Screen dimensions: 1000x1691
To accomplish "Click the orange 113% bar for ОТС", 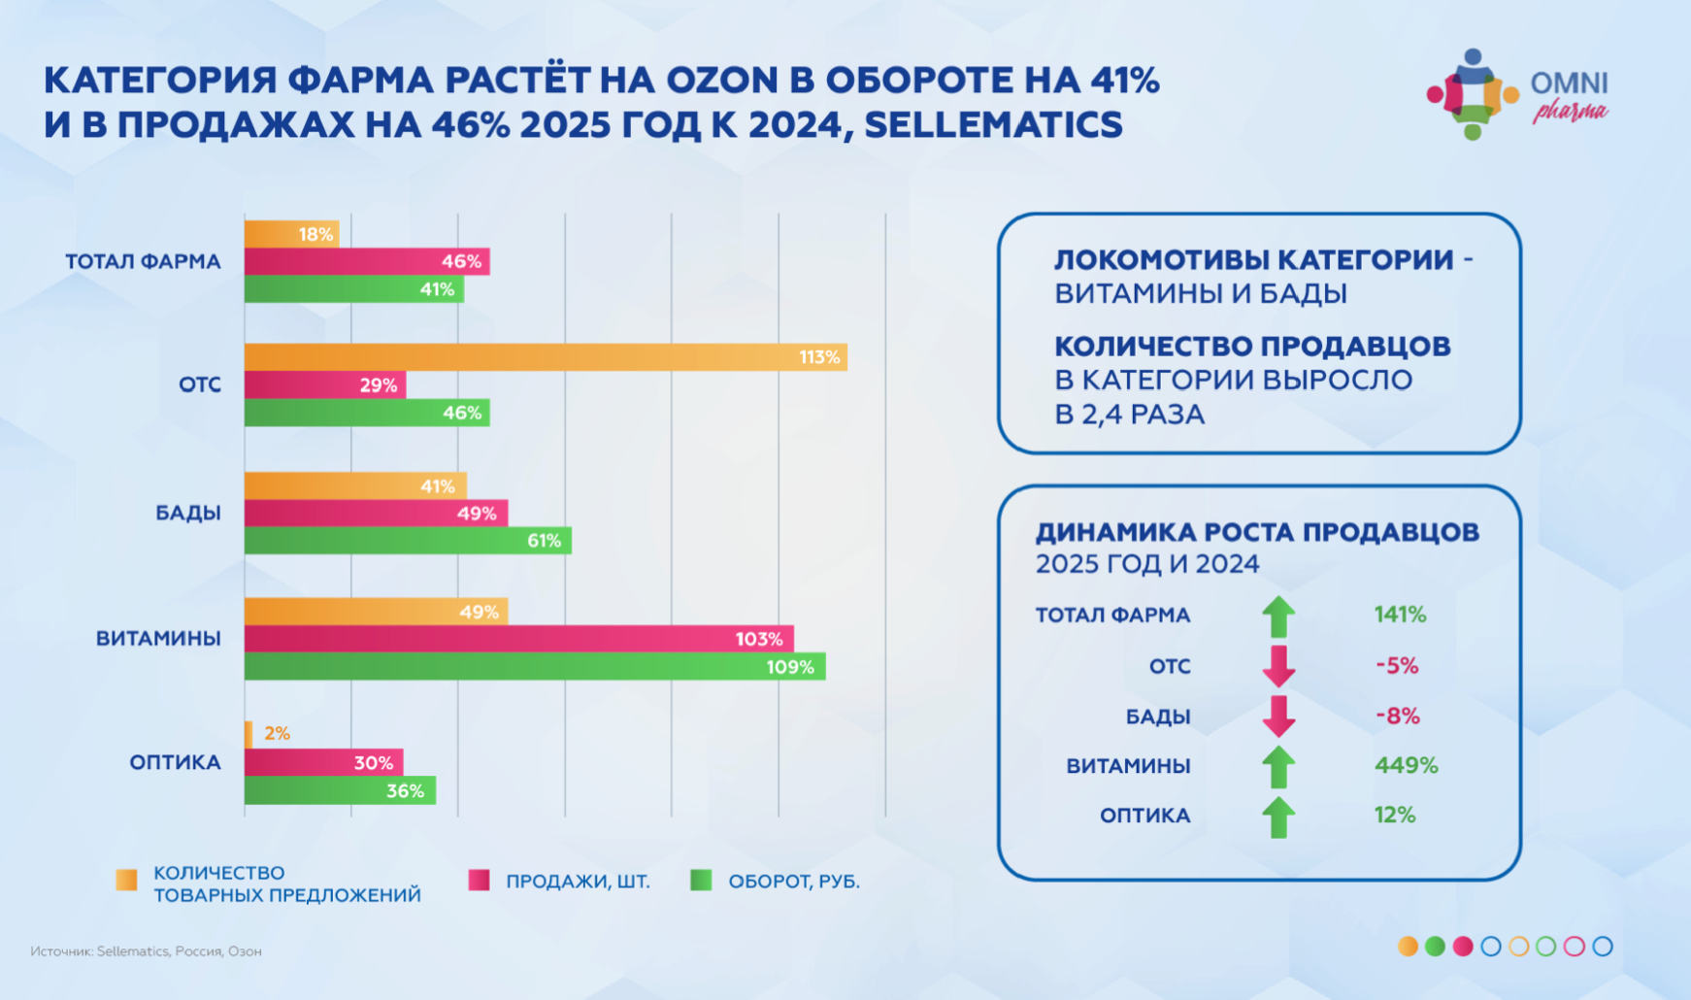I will tap(544, 357).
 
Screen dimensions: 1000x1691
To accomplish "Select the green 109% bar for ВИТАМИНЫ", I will tap(534, 667).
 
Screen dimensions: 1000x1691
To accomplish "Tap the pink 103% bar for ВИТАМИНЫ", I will tap(518, 639).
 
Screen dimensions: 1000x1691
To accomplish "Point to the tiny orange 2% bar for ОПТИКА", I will tap(249, 734).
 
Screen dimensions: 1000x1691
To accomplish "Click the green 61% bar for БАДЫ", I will tap(408, 541).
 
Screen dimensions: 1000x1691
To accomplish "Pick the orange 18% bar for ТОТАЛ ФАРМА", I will tap(291, 234).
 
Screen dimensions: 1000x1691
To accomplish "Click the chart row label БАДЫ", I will tap(188, 513).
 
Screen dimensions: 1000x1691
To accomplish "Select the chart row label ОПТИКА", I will tap(176, 762).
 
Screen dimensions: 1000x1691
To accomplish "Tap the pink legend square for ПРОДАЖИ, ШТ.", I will tap(479, 881).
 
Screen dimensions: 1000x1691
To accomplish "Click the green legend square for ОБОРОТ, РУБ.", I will tap(701, 881).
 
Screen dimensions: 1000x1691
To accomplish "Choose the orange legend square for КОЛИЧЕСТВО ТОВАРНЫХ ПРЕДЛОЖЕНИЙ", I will tap(126, 881).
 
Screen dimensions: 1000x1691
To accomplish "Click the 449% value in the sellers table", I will tap(1406, 765).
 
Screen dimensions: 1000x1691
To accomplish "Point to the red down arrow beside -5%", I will tap(1278, 666).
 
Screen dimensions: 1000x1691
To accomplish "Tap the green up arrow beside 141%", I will tap(1278, 616).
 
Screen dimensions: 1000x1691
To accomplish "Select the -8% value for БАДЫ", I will tap(1397, 717).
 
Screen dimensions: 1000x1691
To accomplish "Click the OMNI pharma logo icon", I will tap(1473, 94).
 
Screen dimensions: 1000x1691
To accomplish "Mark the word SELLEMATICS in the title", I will tap(993, 125).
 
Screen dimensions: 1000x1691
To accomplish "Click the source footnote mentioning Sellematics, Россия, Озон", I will tap(146, 951).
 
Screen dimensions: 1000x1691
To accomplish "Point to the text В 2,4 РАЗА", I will tap(1129, 415).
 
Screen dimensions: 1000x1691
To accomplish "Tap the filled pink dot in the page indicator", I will tap(1463, 946).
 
